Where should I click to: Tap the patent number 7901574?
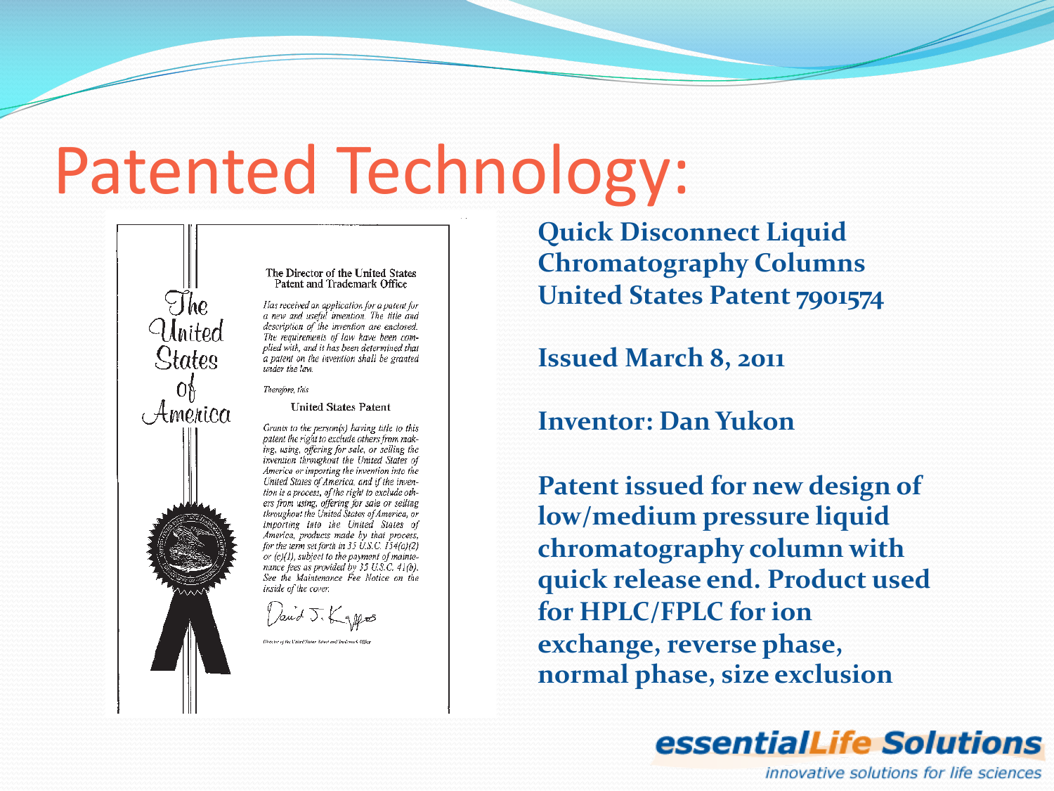click(840, 297)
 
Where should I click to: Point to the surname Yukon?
click(755, 421)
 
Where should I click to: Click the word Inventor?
click(594, 421)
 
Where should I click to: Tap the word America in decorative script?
click(186, 413)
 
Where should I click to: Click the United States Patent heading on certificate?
click(340, 407)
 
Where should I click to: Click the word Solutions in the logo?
click(962, 743)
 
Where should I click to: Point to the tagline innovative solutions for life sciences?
click(903, 773)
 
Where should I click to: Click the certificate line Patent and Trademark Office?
click(341, 284)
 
